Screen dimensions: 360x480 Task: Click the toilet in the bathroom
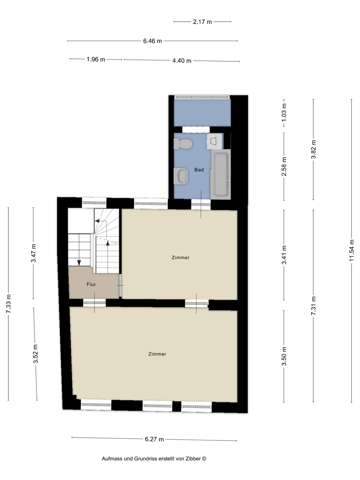click(x=183, y=144)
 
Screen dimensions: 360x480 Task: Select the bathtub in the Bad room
click(x=221, y=174)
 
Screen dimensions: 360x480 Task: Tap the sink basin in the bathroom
click(x=181, y=176)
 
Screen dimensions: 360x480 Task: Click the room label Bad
click(x=199, y=170)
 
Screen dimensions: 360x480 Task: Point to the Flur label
click(x=91, y=284)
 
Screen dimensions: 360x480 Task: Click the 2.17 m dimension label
click(x=202, y=22)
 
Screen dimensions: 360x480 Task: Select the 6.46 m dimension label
click(x=152, y=41)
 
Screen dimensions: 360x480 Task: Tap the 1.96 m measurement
click(x=96, y=59)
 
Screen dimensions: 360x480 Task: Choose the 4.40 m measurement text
click(x=182, y=60)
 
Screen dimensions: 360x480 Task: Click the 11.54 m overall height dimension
click(x=351, y=250)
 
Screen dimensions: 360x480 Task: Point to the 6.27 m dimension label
click(x=154, y=439)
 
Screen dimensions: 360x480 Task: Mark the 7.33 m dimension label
click(x=8, y=304)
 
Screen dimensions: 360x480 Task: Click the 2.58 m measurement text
click(x=284, y=166)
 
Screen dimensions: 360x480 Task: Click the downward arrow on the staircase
click(x=79, y=262)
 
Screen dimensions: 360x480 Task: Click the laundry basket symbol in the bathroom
click(x=214, y=141)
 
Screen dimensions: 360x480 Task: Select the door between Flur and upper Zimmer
click(x=120, y=285)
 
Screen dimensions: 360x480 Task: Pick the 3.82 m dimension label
click(x=314, y=149)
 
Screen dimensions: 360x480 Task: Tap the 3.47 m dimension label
click(x=33, y=253)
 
